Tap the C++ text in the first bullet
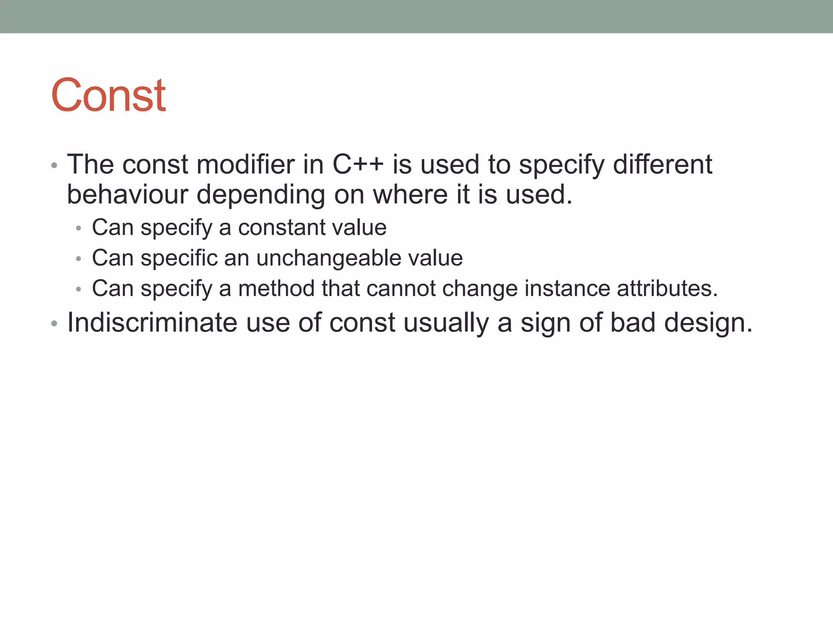point(358,165)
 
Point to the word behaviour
point(127,195)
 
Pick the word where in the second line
point(410,195)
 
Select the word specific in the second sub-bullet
point(179,258)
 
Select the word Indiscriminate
point(152,323)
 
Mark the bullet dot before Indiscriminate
point(55,324)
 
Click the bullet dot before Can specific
point(79,259)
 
